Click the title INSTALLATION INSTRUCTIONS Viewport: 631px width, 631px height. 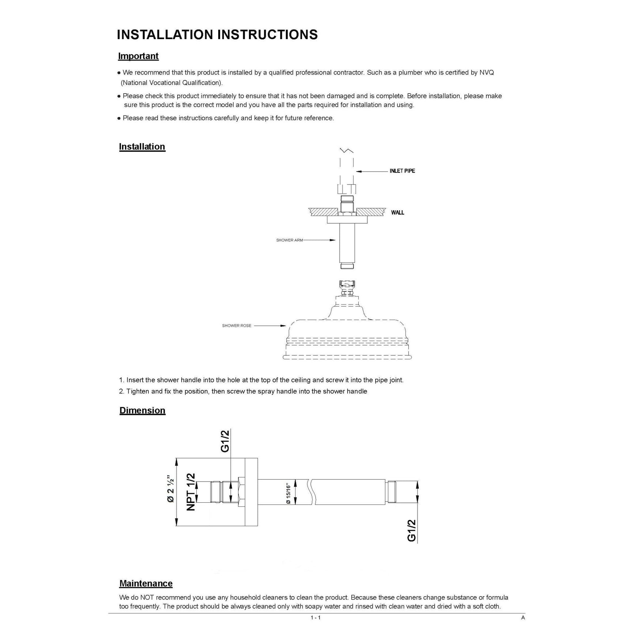[217, 35]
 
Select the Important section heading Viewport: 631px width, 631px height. [138, 56]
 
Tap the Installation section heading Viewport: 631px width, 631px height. [142, 147]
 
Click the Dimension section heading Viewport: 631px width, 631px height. [142, 410]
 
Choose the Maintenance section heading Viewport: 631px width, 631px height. [146, 583]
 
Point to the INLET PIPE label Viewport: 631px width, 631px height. [402, 171]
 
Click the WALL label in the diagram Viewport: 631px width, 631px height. [397, 212]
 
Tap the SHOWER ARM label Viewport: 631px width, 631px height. [289, 240]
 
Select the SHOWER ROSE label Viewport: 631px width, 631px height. [237, 325]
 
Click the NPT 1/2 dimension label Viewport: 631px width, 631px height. [191, 492]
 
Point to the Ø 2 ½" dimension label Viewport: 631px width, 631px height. [171, 489]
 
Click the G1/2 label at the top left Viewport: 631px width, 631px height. [225, 441]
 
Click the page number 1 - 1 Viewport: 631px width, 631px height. [315, 617]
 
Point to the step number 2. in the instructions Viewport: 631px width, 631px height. [122, 391]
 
